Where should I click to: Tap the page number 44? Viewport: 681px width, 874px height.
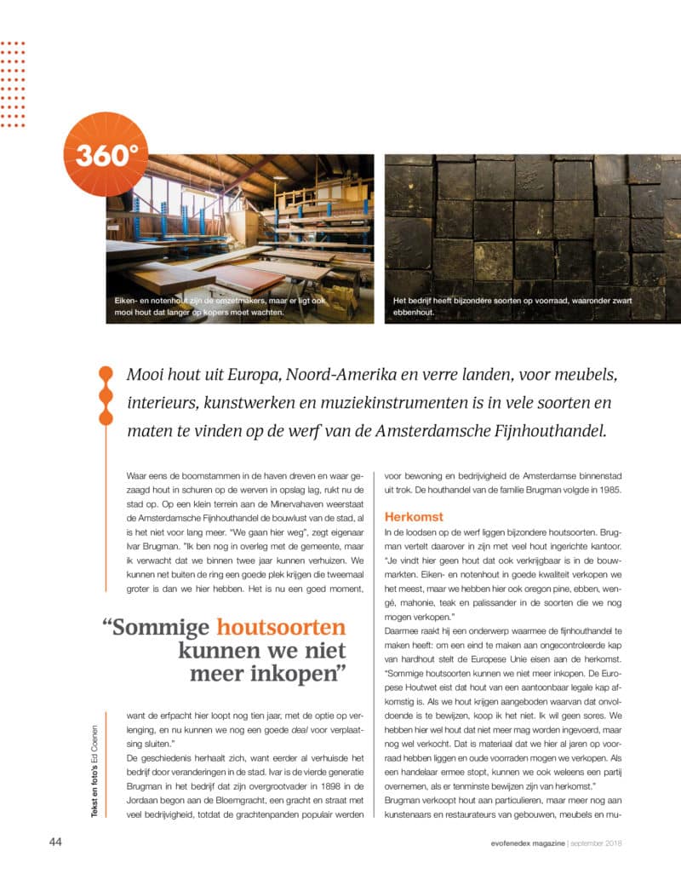point(55,842)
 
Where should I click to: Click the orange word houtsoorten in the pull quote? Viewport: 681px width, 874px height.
point(281,629)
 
